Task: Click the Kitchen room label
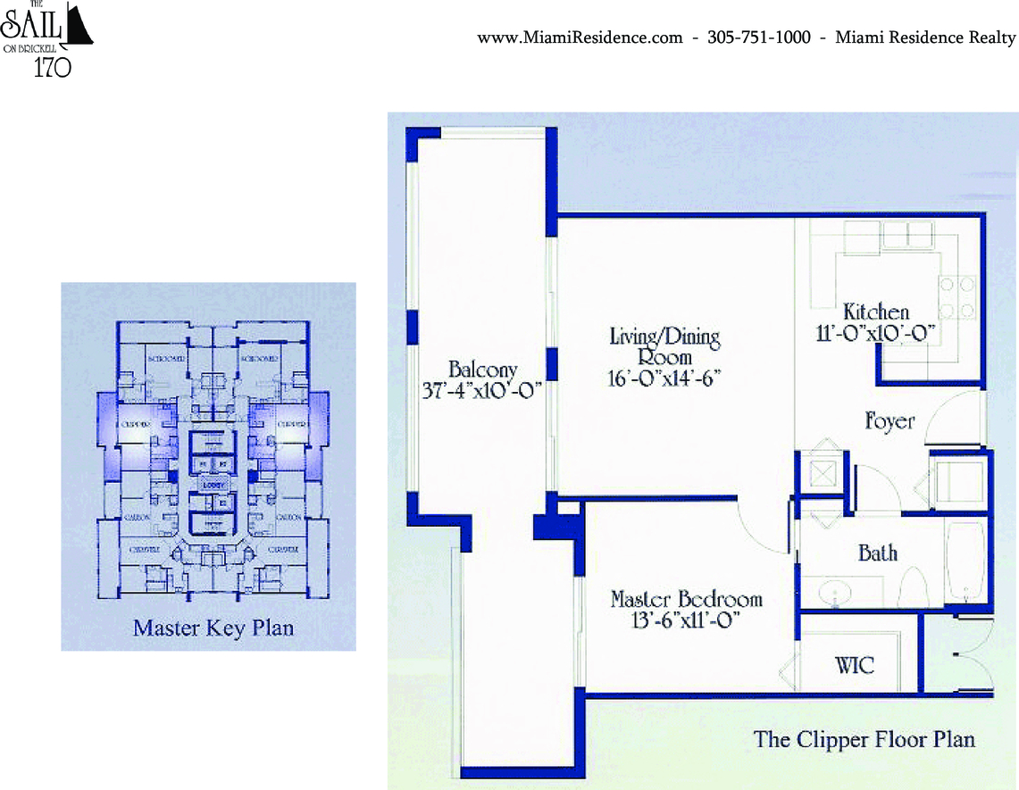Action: (876, 312)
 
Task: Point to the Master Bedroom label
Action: (686, 598)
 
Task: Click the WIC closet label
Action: (854, 665)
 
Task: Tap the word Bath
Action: (877, 553)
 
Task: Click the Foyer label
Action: (890, 420)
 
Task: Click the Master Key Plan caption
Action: (213, 628)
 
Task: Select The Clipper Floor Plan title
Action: (864, 739)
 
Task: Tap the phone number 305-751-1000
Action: (758, 37)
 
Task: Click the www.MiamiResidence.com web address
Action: (580, 37)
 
